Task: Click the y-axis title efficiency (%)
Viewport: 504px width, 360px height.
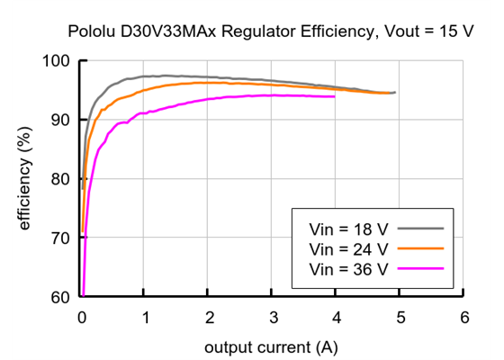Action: point(24,180)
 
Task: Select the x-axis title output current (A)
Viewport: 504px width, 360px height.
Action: point(272,346)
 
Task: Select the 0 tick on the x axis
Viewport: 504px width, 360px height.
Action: point(82,318)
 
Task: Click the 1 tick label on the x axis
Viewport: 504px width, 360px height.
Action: point(145,318)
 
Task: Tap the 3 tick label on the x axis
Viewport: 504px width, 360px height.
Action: point(272,318)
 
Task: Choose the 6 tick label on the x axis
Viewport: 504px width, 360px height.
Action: point(463,318)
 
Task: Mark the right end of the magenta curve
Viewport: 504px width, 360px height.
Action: point(335,96)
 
